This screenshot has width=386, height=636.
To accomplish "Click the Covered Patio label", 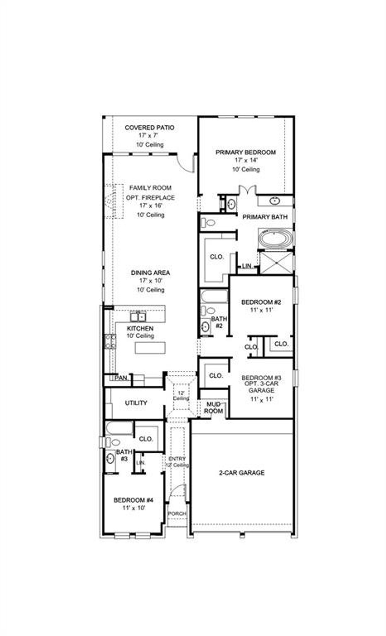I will click(150, 128).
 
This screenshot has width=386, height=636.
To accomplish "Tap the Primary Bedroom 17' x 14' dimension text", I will click(246, 160).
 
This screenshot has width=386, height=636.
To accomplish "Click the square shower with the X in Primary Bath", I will click(276, 263).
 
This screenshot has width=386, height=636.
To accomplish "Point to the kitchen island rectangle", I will click(150, 348).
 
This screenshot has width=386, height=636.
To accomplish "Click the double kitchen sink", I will click(138, 317).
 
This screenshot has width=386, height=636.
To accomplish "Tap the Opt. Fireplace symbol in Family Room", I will click(114, 201).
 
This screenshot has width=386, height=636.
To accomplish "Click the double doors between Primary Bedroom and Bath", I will click(247, 190).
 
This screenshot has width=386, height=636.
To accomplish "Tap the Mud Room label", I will click(214, 408).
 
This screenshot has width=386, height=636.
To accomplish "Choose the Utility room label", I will click(136, 403).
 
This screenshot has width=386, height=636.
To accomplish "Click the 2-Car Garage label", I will click(242, 473).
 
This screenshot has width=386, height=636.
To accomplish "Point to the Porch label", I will click(177, 514).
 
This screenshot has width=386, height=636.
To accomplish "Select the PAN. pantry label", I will click(122, 378).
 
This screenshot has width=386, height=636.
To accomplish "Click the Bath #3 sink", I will click(110, 459).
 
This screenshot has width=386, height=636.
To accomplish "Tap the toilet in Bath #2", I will click(208, 310).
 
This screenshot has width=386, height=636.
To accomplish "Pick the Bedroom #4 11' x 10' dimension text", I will click(134, 508).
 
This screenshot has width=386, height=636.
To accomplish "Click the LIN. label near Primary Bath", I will click(247, 266).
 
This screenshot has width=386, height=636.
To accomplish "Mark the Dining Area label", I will click(150, 272).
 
